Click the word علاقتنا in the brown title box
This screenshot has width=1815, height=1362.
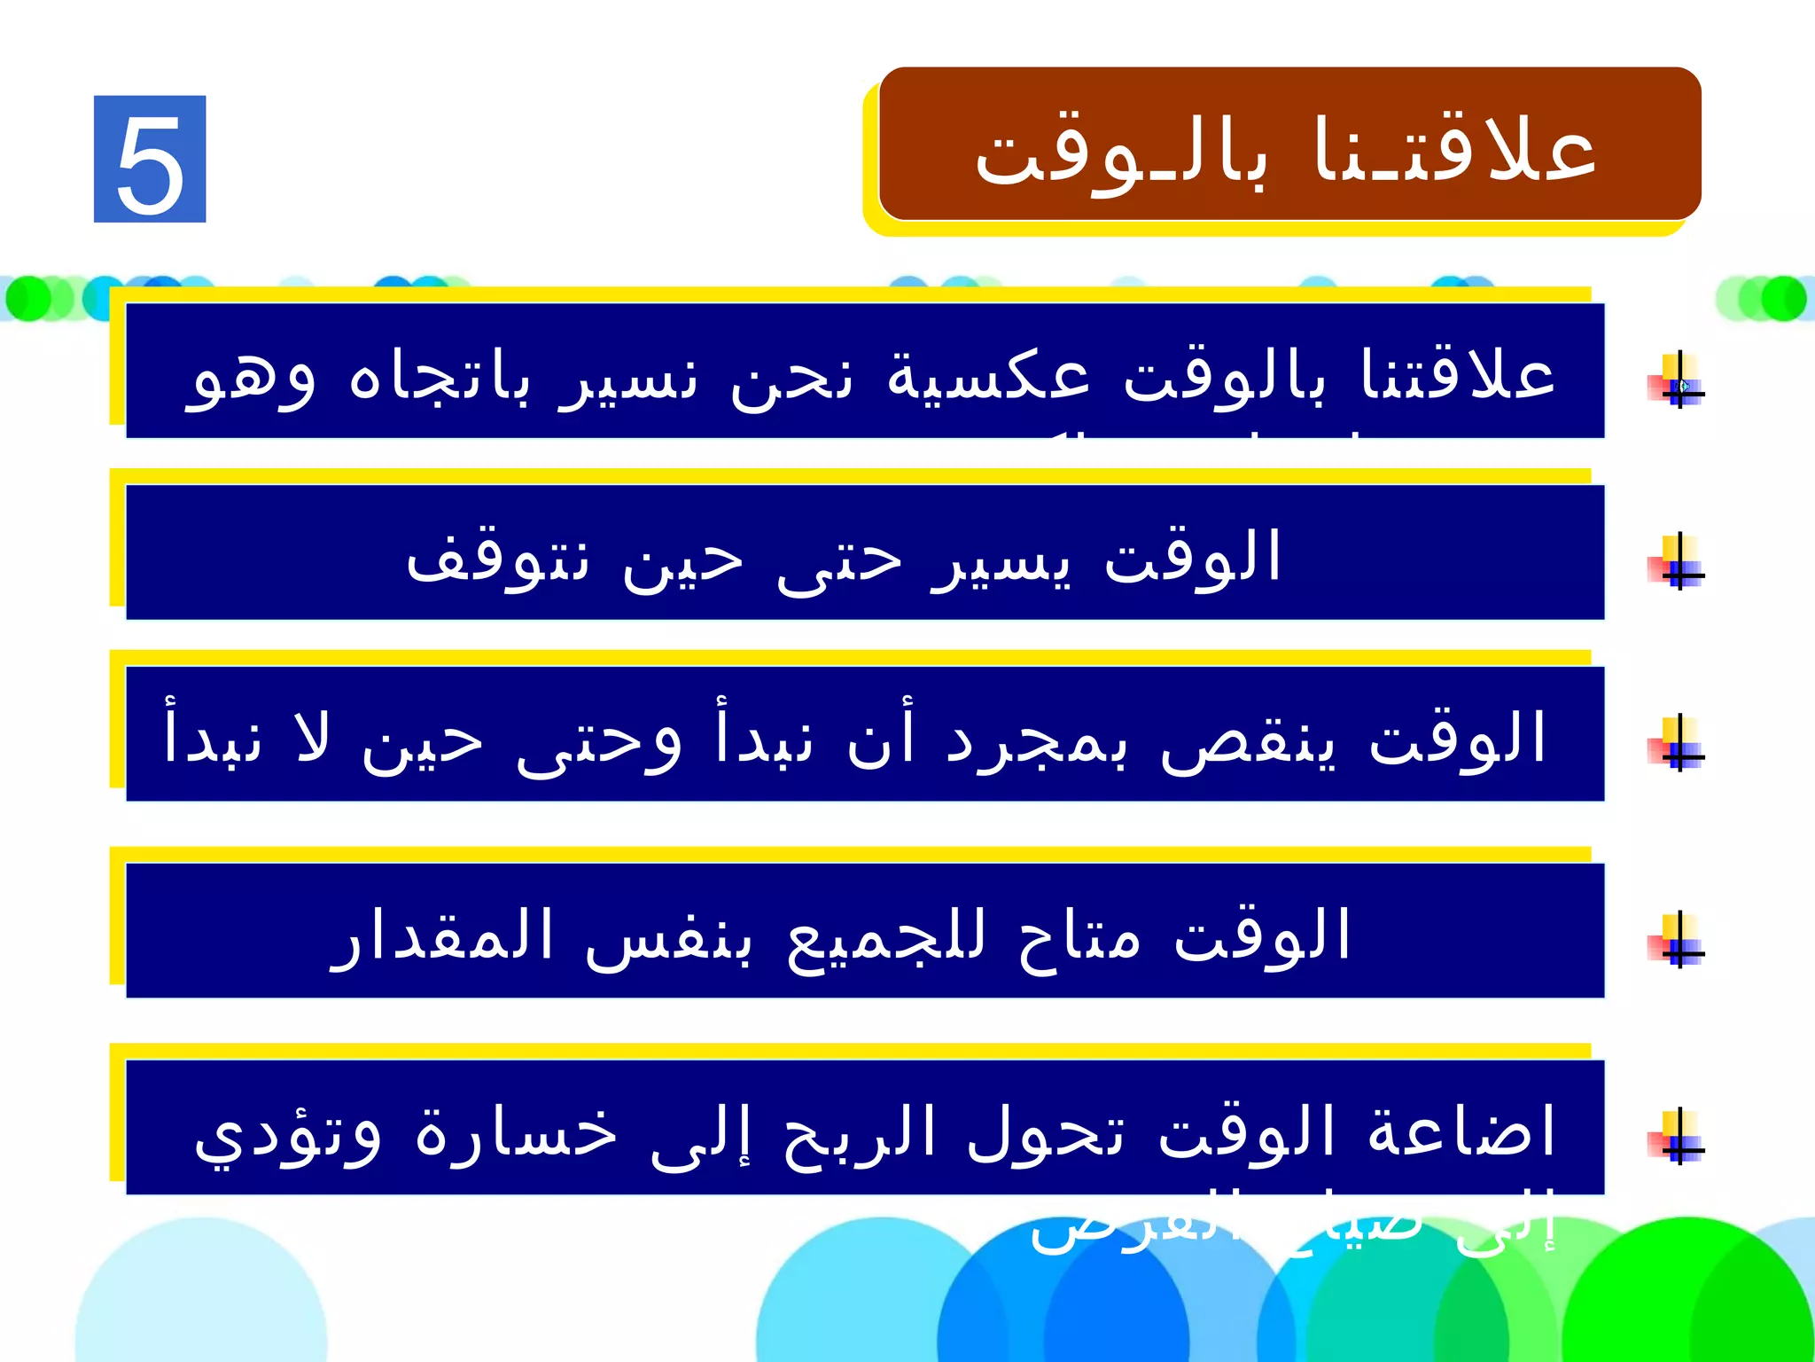click(1454, 151)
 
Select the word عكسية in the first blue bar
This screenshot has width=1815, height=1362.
click(988, 376)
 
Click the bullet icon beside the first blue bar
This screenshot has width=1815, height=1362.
click(1677, 382)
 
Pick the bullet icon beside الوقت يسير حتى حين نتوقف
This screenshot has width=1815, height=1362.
click(1677, 563)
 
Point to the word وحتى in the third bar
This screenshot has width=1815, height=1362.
click(599, 741)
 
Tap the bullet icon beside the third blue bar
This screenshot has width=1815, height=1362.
click(1677, 745)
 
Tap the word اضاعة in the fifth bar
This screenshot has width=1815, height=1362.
click(1461, 1131)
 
